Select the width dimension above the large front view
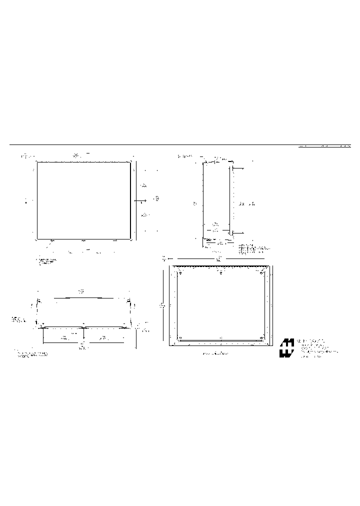(x=76, y=156)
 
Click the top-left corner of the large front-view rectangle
(x=37, y=162)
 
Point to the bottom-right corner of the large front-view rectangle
(x=130, y=239)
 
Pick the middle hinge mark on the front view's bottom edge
(x=83, y=240)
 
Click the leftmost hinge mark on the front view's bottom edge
(x=52, y=240)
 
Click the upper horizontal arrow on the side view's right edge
(x=237, y=168)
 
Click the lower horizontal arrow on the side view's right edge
(x=237, y=233)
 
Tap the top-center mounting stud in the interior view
(x=220, y=272)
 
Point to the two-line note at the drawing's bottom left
(x=33, y=354)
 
